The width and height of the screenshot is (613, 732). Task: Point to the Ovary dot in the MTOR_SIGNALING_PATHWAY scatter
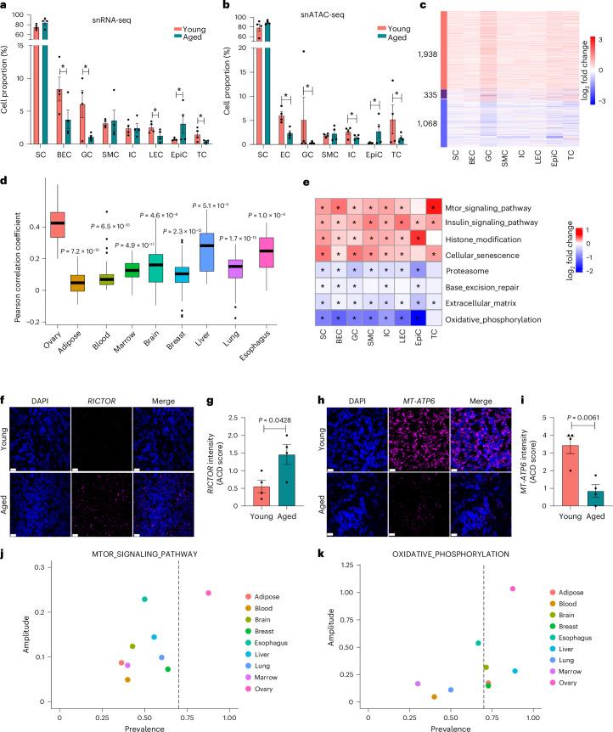(208, 617)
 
